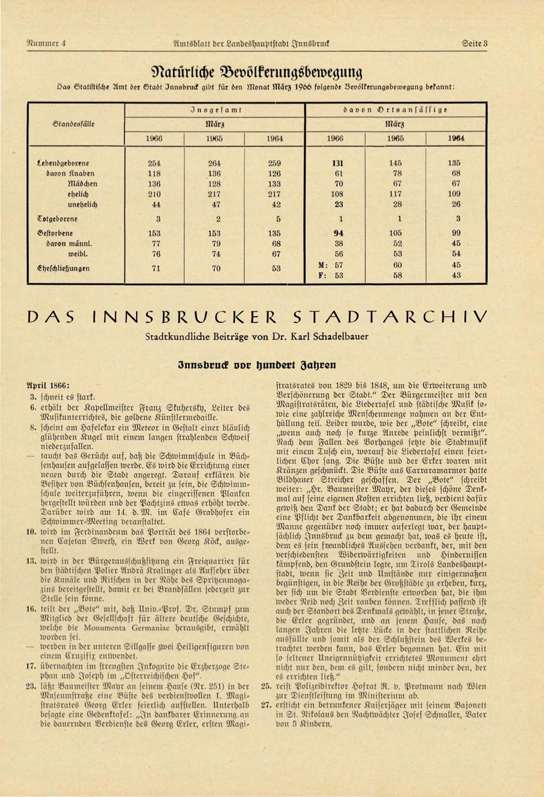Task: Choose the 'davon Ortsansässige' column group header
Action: (395, 110)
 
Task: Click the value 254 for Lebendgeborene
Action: (154, 163)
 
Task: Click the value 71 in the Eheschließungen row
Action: (156, 268)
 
